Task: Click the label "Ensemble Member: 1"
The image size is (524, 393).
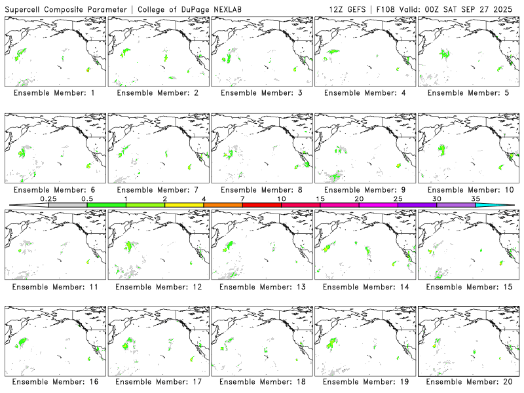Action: [54, 93]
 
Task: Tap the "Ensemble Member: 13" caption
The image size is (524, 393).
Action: [260, 287]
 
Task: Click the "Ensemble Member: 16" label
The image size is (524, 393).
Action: [54, 382]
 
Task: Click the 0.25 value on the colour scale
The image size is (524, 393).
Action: [48, 198]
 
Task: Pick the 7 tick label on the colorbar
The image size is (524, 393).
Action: [242, 198]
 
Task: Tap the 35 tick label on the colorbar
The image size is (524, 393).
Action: [476, 198]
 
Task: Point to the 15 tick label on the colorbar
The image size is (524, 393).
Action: [320, 198]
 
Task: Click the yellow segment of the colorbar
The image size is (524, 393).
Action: [184, 205]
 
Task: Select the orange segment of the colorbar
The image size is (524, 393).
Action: [223, 205]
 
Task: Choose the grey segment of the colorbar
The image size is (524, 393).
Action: [67, 205]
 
